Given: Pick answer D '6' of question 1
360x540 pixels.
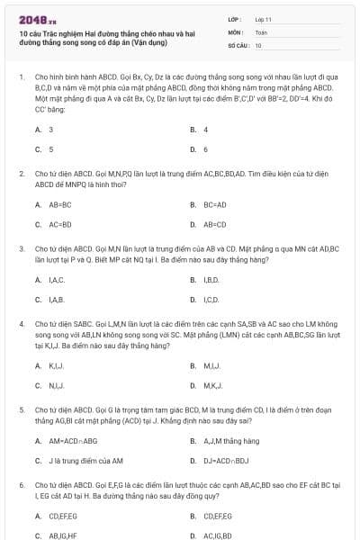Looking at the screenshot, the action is (x=205, y=149).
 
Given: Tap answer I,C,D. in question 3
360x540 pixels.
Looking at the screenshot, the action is (x=211, y=299).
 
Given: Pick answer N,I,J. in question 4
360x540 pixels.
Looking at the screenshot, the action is (x=56, y=385).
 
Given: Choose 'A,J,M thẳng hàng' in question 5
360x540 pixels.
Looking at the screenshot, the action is (x=231, y=441).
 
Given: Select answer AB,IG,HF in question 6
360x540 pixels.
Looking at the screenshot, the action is (x=61, y=535).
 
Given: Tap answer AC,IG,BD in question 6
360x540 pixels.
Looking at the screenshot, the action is (x=217, y=535).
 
